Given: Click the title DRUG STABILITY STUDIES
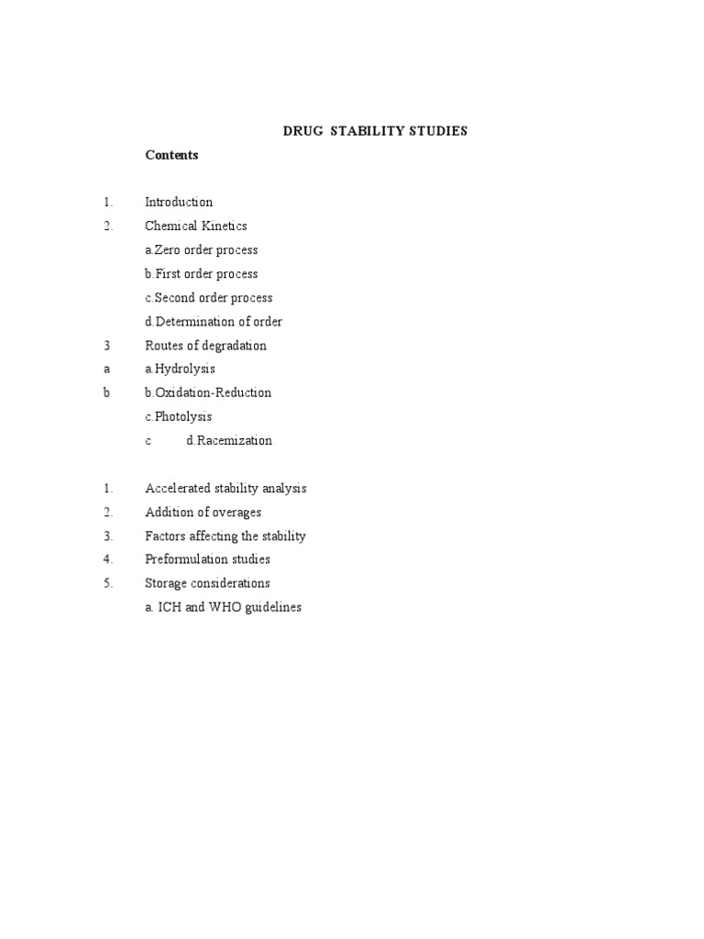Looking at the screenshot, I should (x=375, y=131).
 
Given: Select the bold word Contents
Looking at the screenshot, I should (x=171, y=155).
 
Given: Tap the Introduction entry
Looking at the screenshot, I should (x=179, y=202).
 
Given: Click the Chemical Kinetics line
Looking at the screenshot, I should (x=196, y=226).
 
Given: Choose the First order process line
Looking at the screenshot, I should (x=202, y=273).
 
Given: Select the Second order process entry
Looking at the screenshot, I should (x=209, y=297).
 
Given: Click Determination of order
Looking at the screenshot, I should (x=214, y=322).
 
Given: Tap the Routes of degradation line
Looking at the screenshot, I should (x=206, y=346).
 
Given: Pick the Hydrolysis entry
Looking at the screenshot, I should (x=181, y=369).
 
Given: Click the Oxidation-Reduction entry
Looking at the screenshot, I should (x=209, y=392).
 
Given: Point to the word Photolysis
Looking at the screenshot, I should (x=179, y=416).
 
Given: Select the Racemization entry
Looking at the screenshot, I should (x=229, y=440).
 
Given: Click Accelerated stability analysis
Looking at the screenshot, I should (x=225, y=488).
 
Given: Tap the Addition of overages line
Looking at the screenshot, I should (x=203, y=512).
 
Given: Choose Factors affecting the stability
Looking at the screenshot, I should (x=225, y=536).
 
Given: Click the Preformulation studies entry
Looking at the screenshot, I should (x=207, y=559).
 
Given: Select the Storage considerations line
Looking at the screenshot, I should (x=207, y=583).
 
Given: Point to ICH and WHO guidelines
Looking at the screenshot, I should (x=224, y=607).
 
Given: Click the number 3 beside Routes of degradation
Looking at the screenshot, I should (x=107, y=346).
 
